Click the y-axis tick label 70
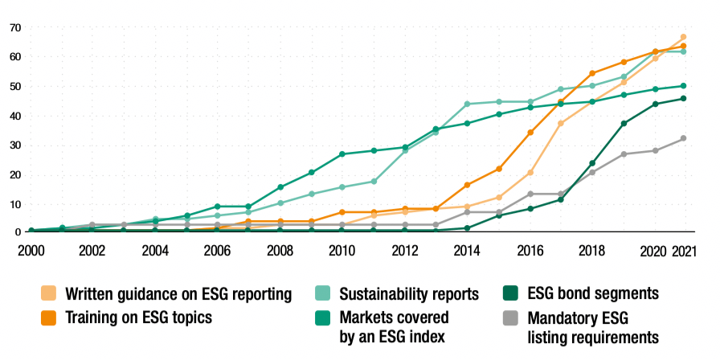click(x=14, y=27)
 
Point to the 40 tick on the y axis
click(x=14, y=116)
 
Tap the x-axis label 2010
click(x=342, y=250)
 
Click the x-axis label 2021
click(x=683, y=250)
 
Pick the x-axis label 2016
click(x=530, y=250)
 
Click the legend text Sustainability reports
click(x=409, y=293)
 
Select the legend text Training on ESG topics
click(x=138, y=317)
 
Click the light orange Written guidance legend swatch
click(x=49, y=294)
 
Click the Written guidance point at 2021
click(x=683, y=37)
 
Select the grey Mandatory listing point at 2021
click(x=683, y=138)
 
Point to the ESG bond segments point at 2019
click(x=624, y=123)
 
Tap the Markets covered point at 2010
click(x=342, y=153)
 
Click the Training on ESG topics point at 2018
click(x=592, y=73)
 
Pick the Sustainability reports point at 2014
click(x=467, y=104)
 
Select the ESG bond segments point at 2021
click(x=683, y=99)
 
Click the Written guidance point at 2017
click(x=561, y=123)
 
